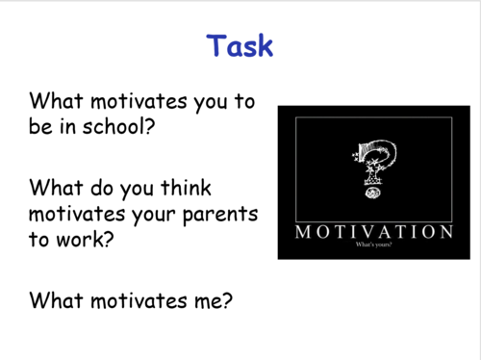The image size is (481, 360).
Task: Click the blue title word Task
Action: click(x=240, y=45)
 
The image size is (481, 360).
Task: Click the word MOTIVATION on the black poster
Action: click(x=373, y=233)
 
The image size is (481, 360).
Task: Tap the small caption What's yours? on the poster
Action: click(x=374, y=247)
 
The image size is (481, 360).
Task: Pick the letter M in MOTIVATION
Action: click(x=305, y=233)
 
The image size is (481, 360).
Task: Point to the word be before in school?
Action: click(x=43, y=125)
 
